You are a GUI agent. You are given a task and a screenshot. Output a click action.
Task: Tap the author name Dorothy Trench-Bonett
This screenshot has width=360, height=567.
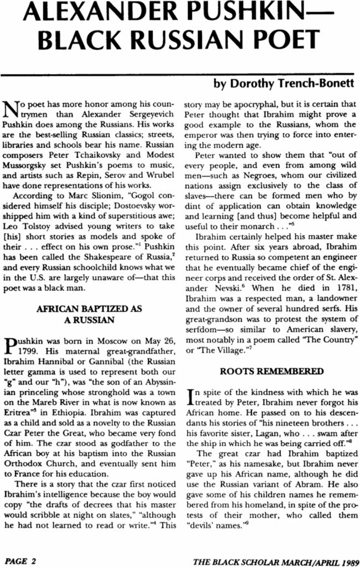pos(283,85)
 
